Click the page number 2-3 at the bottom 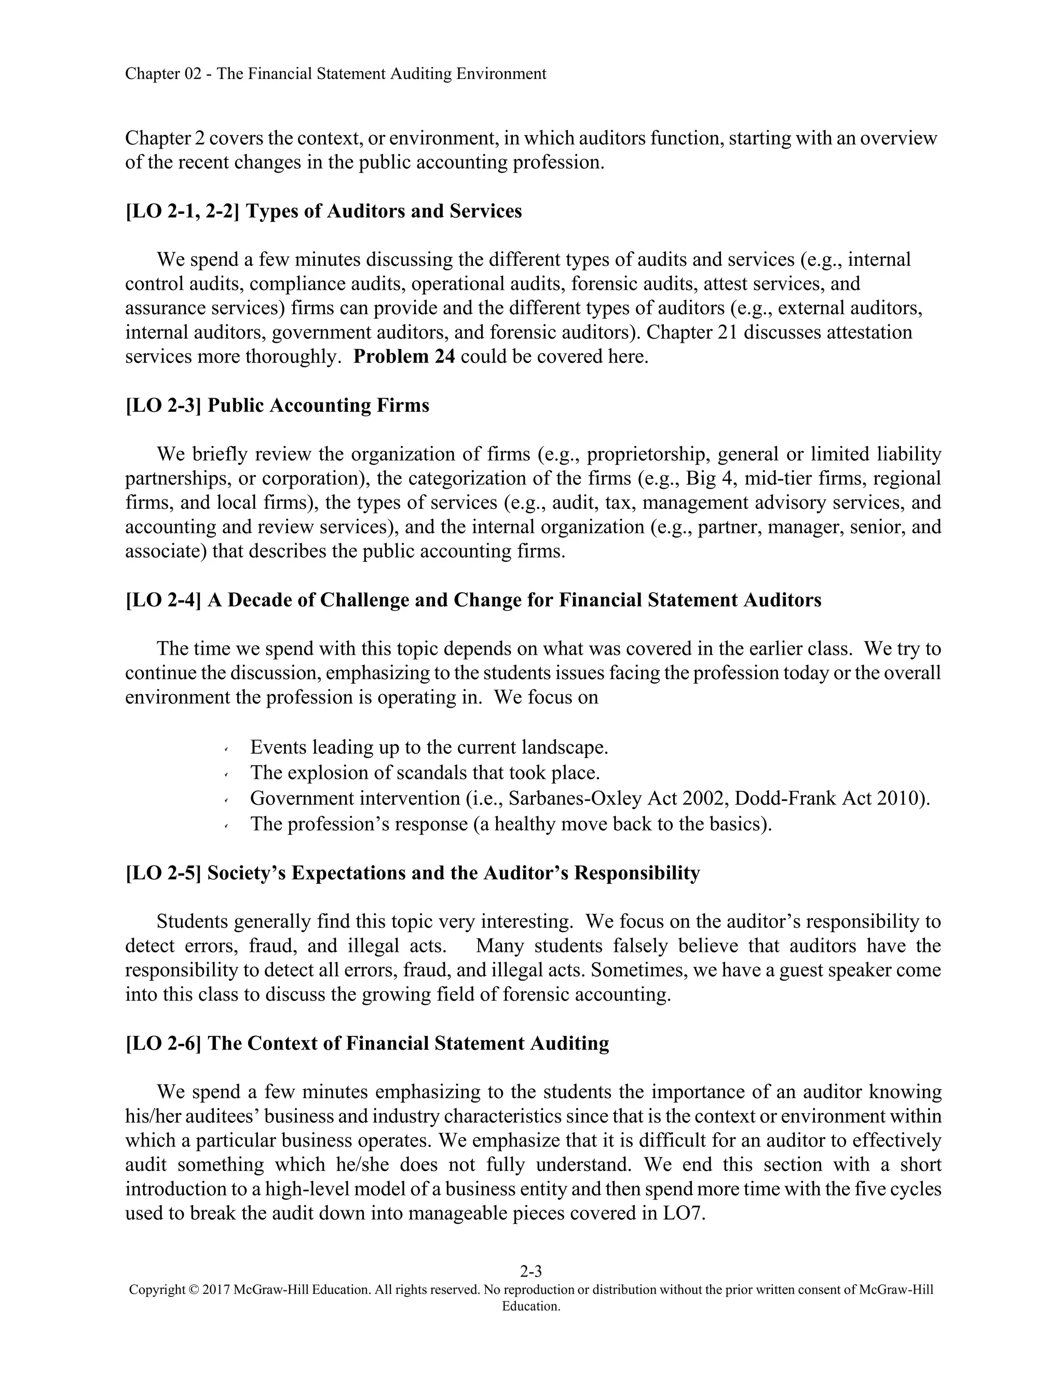pyautogui.click(x=531, y=1272)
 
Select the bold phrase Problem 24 pyautogui.click(x=404, y=357)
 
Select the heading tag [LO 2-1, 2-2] pyautogui.click(x=183, y=211)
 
